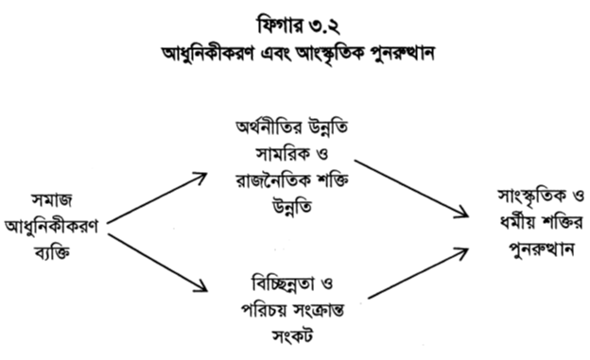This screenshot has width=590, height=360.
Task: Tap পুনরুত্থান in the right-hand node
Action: click(x=526, y=253)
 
